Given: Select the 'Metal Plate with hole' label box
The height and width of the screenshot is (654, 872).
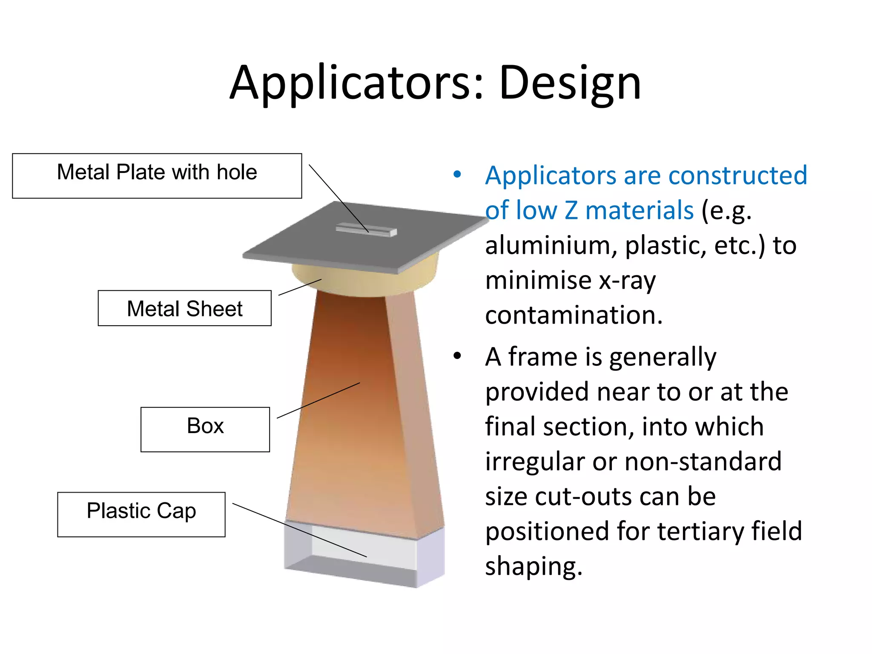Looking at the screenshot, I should pyautogui.click(x=157, y=175).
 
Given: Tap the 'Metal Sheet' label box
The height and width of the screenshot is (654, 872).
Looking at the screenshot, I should pyautogui.click(x=184, y=308).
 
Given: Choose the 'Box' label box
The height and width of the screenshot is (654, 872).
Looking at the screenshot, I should pyautogui.click(x=205, y=429).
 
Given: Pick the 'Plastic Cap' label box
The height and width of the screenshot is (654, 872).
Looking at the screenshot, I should pyautogui.click(x=141, y=514).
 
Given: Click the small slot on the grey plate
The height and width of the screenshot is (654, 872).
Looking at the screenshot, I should pyautogui.click(x=366, y=230).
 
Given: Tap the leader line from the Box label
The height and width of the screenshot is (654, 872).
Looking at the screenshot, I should pyautogui.click(x=318, y=400).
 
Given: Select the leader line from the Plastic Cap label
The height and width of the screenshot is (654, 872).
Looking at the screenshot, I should pyautogui.click(x=298, y=530).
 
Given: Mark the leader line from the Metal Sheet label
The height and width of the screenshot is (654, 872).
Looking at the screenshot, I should pyautogui.click(x=300, y=287).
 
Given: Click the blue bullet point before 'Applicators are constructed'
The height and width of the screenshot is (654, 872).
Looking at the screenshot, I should pyautogui.click(x=457, y=174).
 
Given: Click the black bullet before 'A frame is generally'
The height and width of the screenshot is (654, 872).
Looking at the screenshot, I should pyautogui.click(x=457, y=356).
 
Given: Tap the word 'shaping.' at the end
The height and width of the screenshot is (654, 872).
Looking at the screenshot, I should pyautogui.click(x=534, y=566).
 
